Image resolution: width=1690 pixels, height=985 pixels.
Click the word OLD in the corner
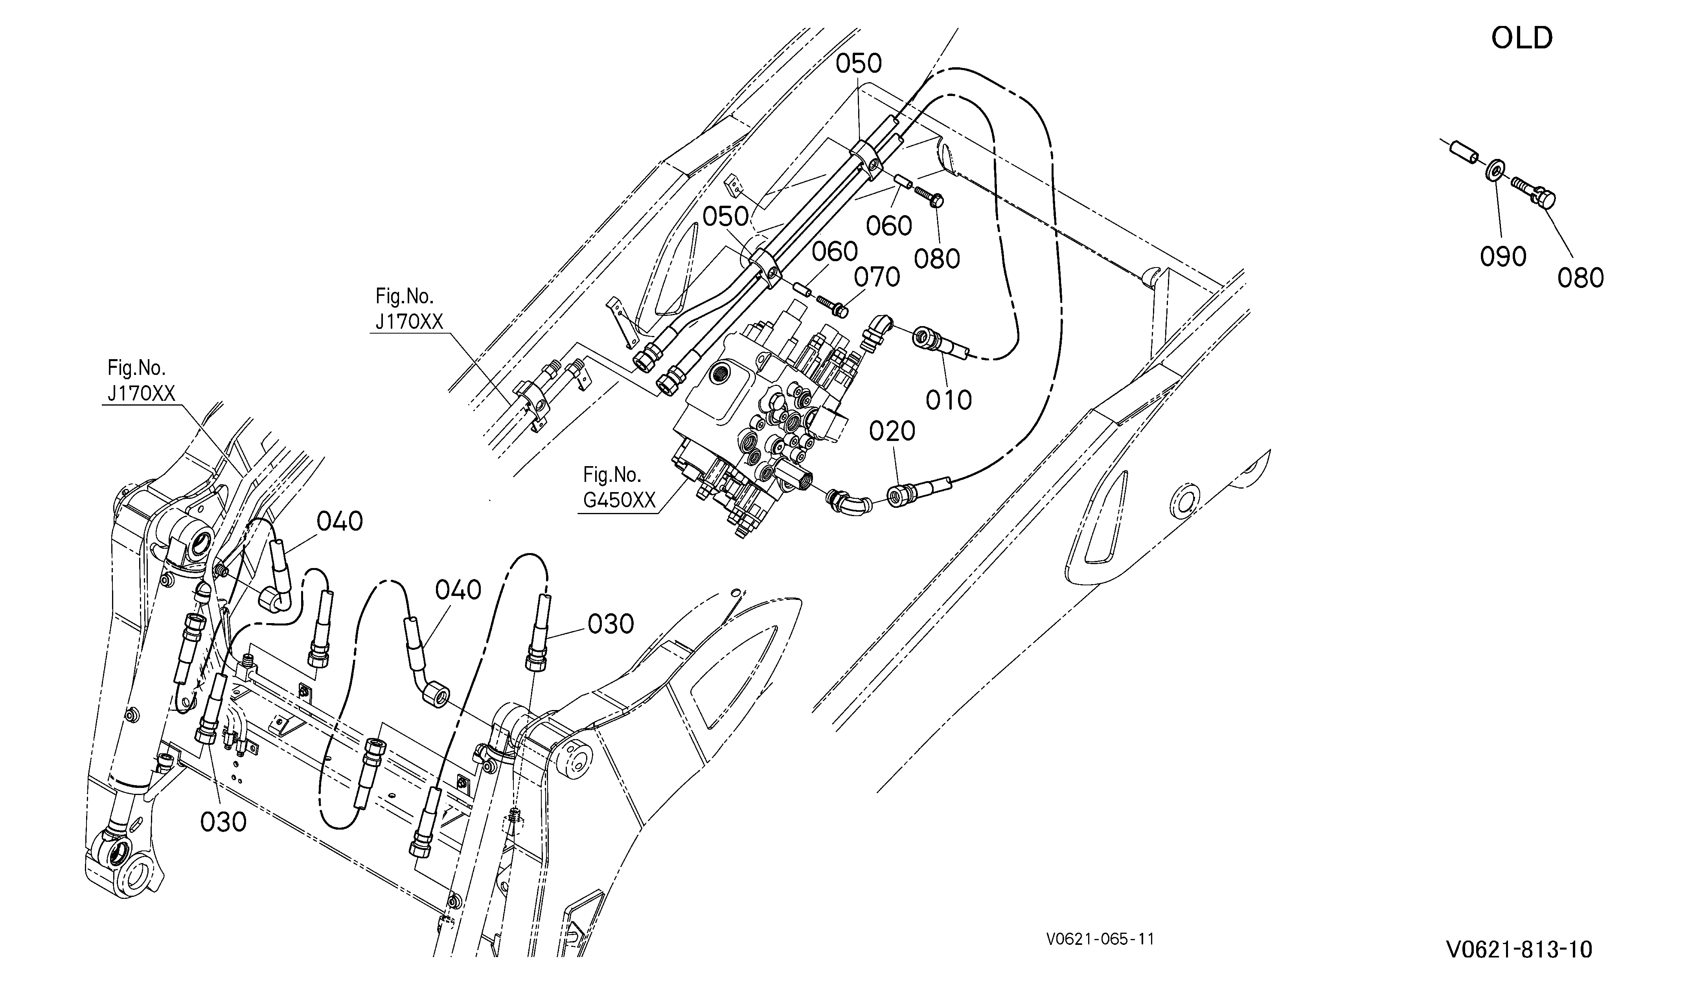pos(1522,38)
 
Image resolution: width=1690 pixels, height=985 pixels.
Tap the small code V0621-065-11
pos(1100,939)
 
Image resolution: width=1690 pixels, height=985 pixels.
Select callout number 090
pos(1503,256)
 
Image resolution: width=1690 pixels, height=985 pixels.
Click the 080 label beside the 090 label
pos(1580,278)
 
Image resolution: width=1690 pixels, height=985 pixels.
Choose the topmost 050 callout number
pos(859,64)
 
